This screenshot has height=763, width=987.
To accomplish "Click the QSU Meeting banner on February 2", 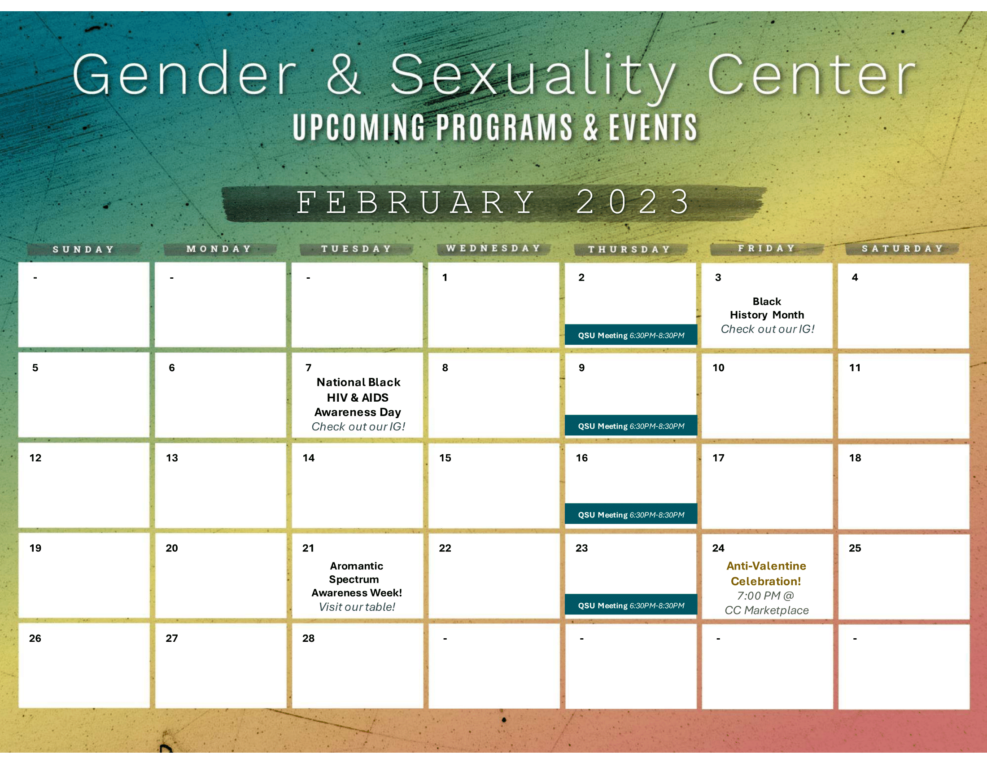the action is pyautogui.click(x=631, y=335).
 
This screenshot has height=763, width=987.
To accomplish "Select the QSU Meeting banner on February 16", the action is pyautogui.click(x=631, y=514).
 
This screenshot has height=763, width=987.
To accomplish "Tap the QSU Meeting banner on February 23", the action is pyautogui.click(x=631, y=605).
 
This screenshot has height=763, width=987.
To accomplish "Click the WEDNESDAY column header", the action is pyautogui.click(x=493, y=248).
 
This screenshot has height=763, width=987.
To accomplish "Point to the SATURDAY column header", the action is pyautogui.click(x=903, y=249).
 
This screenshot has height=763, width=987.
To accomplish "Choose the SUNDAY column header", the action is pyautogui.click(x=83, y=249).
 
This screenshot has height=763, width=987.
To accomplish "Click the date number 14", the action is pyautogui.click(x=309, y=458).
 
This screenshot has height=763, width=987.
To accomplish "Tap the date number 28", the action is pyautogui.click(x=308, y=638).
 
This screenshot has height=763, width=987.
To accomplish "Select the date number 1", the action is pyautogui.click(x=445, y=277).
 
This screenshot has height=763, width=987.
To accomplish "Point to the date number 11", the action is pyautogui.click(x=855, y=368).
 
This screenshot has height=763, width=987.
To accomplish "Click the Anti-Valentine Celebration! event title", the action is pyautogui.click(x=766, y=574).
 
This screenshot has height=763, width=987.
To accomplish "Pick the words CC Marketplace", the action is pyautogui.click(x=767, y=610).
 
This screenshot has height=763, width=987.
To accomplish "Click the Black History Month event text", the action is pyautogui.click(x=767, y=308).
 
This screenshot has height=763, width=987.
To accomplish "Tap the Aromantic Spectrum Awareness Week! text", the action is pyautogui.click(x=357, y=579).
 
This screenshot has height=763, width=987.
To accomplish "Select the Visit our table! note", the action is pyautogui.click(x=357, y=607).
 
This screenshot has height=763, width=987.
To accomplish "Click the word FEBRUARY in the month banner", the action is pyautogui.click(x=416, y=202).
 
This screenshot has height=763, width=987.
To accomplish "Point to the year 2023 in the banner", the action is pyautogui.click(x=633, y=202).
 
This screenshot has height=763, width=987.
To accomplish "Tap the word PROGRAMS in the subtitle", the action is pyautogui.click(x=504, y=127).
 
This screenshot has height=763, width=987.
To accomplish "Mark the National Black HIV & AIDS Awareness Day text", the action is pyautogui.click(x=358, y=397).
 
